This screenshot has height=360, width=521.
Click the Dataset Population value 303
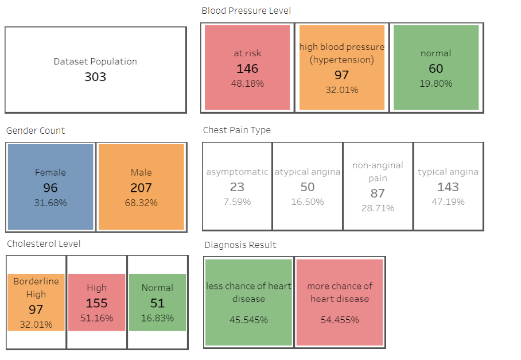[x=95, y=76]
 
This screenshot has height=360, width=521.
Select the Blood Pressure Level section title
[x=246, y=10]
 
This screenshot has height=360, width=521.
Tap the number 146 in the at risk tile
[x=247, y=69]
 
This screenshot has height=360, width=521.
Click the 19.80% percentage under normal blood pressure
[x=436, y=83]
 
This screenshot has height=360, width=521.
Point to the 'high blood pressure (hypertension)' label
[x=342, y=53]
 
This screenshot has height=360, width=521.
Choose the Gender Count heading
[x=36, y=130]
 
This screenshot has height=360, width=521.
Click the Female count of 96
[x=50, y=188]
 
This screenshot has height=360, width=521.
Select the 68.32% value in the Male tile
[x=141, y=203]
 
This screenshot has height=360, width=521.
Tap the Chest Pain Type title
[x=237, y=130]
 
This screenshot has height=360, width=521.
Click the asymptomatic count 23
[x=237, y=187]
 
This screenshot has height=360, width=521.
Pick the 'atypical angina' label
[x=307, y=172]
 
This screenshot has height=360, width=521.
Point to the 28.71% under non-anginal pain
[x=378, y=208]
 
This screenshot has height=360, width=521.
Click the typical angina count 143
[x=448, y=187]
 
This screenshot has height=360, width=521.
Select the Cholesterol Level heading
[x=44, y=243]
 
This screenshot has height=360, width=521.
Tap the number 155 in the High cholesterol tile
[x=96, y=303]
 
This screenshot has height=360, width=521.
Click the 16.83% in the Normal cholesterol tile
[x=157, y=318]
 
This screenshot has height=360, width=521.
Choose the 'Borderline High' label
[x=36, y=288]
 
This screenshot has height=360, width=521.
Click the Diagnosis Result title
[x=240, y=245]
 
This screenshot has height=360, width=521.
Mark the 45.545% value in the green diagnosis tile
[x=249, y=320]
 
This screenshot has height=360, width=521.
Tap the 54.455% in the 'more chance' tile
[x=340, y=320]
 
